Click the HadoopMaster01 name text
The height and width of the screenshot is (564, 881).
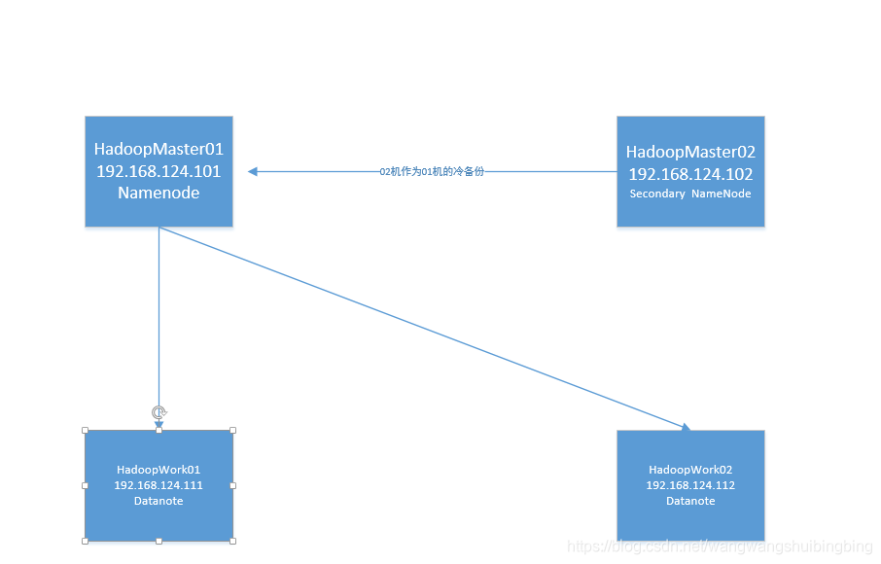click(159, 150)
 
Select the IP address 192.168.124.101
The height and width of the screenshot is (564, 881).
click(159, 171)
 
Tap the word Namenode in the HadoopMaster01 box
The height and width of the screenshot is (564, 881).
click(159, 193)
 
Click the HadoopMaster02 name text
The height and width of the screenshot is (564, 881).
click(690, 153)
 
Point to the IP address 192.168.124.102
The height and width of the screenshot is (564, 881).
click(690, 174)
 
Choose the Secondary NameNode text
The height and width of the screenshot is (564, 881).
click(690, 194)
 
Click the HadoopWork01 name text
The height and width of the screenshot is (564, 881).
click(159, 470)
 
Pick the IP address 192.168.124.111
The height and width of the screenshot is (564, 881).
click(159, 485)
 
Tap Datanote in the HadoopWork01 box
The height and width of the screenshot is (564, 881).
click(159, 501)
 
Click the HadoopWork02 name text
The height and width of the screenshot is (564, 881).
click(690, 470)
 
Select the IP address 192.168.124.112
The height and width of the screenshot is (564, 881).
click(690, 485)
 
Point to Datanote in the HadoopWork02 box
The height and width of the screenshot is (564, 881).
click(690, 501)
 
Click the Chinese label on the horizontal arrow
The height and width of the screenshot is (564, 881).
click(432, 171)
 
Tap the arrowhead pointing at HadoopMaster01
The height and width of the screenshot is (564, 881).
click(253, 171)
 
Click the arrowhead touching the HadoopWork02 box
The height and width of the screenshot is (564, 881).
click(685, 427)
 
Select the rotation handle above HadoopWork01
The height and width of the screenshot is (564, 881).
click(159, 412)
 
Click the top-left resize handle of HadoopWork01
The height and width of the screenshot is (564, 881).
click(85, 430)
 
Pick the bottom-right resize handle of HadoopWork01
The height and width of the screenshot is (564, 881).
click(232, 541)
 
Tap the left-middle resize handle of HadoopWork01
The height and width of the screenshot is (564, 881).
click(85, 485)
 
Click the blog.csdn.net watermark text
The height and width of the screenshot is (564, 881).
click(720, 546)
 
